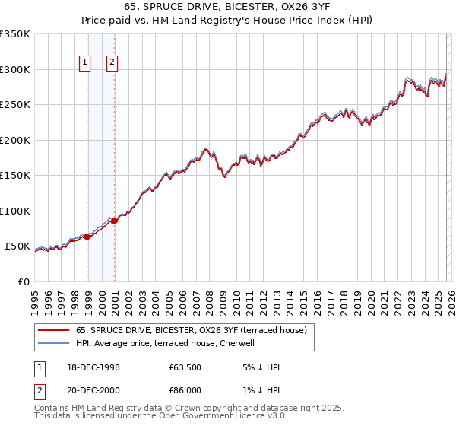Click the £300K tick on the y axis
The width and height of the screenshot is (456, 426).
[x=14, y=69]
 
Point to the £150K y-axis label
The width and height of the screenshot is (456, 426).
[x=14, y=176]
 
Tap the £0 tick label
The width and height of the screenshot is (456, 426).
[x=23, y=282]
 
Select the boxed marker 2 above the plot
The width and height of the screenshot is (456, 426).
[x=112, y=63]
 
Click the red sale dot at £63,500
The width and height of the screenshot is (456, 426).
[x=87, y=237]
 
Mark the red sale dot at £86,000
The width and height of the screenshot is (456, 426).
[x=114, y=221]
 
